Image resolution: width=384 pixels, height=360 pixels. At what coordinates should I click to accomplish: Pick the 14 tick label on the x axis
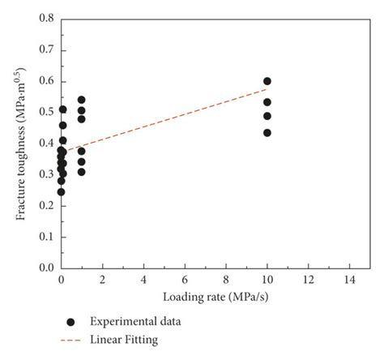349,280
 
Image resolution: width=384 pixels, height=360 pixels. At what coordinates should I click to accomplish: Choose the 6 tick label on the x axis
185,280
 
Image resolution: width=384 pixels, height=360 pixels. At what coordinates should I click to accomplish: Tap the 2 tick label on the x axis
102,280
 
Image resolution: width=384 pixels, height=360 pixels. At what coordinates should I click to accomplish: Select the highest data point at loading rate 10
267,81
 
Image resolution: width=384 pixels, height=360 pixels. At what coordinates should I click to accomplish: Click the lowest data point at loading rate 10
267,132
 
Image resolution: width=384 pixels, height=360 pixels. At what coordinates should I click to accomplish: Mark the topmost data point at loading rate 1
81,100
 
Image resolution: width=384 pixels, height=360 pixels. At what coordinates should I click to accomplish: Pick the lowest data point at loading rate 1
81,171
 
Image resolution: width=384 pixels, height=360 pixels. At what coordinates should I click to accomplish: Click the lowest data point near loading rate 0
61,192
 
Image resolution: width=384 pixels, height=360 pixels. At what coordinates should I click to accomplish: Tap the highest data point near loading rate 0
62,109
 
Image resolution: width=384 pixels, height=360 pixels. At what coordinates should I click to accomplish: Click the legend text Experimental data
135,321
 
